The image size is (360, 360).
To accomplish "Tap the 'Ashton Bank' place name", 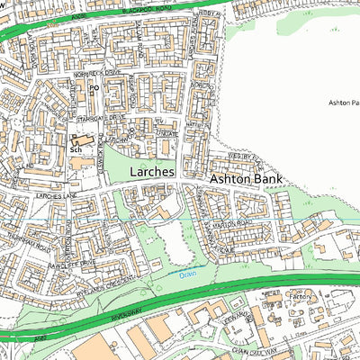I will click(246, 180).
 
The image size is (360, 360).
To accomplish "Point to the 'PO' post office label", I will click(93, 88).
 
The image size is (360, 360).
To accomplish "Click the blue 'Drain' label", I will click(187, 274).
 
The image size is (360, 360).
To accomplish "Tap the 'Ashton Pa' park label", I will click(342, 104).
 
